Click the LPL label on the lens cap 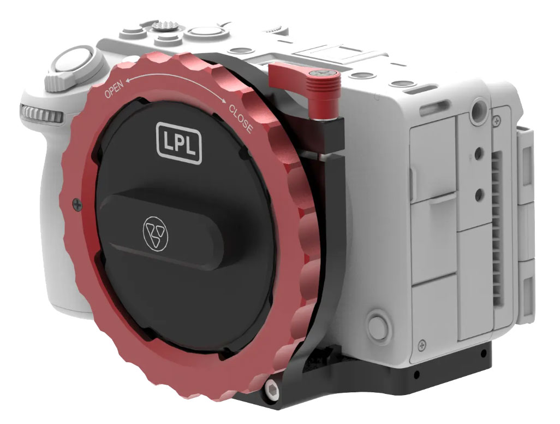click(x=179, y=143)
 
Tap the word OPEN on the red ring click(x=114, y=89)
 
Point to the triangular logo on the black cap click(x=156, y=233)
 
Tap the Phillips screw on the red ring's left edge click(x=78, y=204)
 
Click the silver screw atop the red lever click(x=323, y=74)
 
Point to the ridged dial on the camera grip click(x=42, y=114)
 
